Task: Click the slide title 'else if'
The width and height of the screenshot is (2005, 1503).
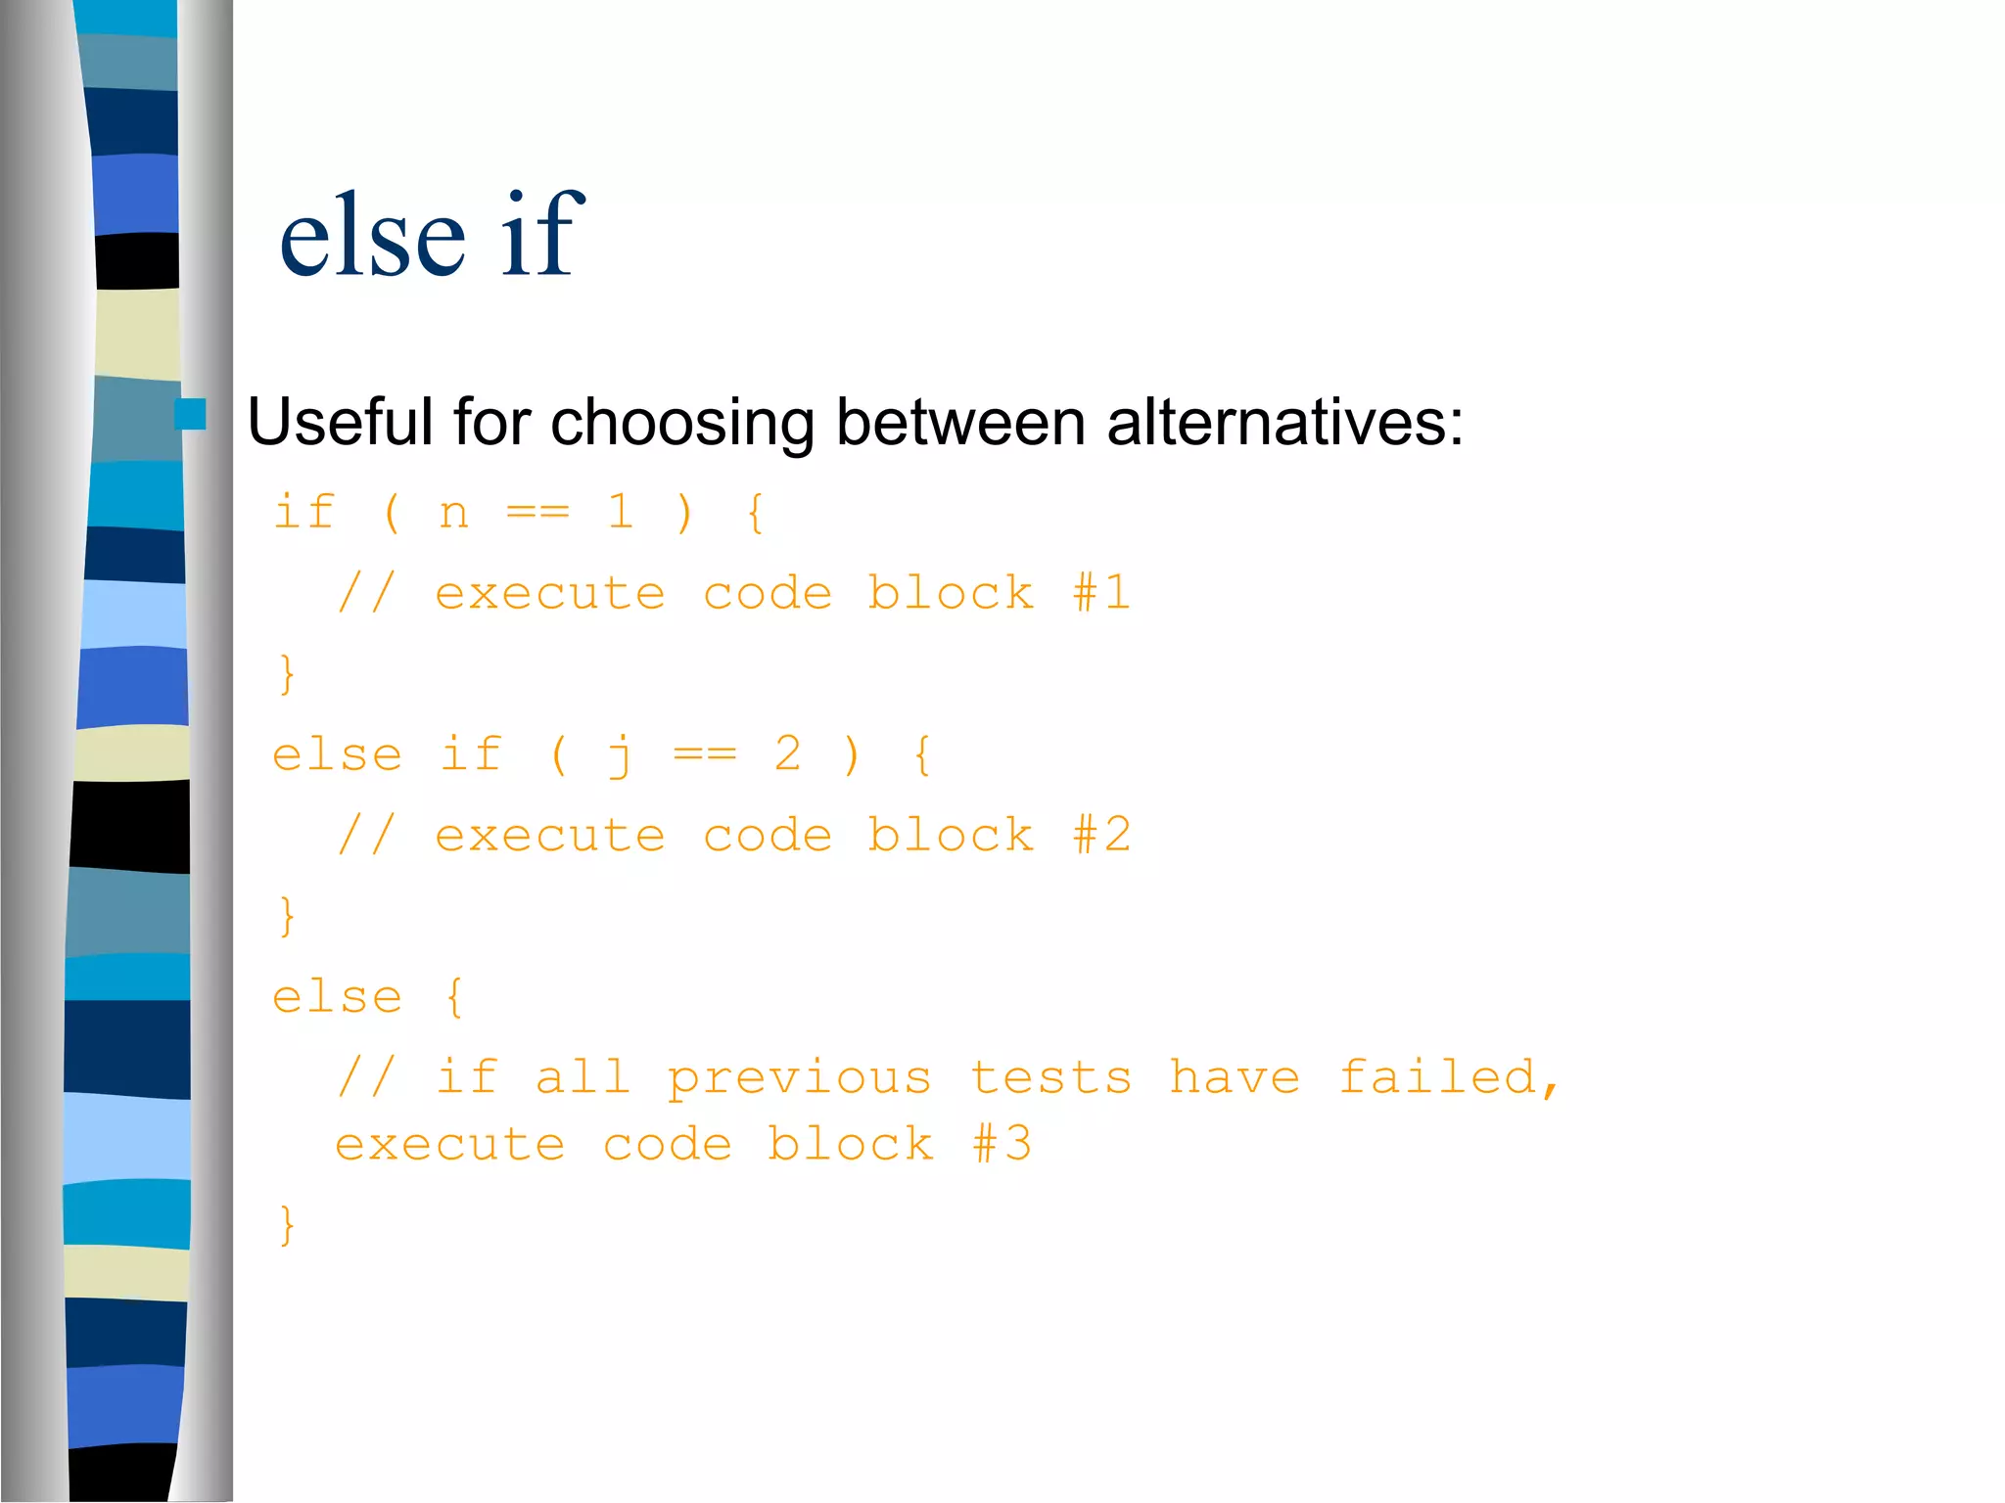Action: coord(431,235)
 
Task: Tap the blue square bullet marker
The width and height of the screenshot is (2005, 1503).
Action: coord(190,415)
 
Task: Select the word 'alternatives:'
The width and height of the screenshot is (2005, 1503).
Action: coord(1284,423)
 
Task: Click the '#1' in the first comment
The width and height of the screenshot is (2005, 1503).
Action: coord(1102,593)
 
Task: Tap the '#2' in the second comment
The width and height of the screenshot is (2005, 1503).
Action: coord(1102,836)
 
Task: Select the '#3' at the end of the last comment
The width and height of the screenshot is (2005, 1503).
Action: coord(1002,1144)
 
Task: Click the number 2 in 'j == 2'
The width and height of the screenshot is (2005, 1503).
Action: coord(788,753)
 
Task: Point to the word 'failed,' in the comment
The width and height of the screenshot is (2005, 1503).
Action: coord(1448,1076)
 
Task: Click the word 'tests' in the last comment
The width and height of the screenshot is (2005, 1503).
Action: coord(1050,1077)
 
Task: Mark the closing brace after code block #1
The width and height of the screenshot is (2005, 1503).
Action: coord(286,674)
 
